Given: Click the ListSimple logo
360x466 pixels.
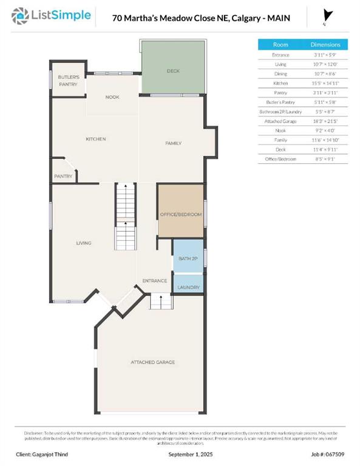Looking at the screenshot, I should click(x=53, y=15).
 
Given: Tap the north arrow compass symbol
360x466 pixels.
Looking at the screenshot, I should click(x=327, y=16).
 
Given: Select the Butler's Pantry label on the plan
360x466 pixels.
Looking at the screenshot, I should click(x=69, y=80).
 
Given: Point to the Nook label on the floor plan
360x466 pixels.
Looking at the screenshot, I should click(x=112, y=97).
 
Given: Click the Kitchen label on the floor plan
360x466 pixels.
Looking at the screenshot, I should click(x=96, y=139).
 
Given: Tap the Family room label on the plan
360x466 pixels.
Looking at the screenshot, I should click(x=174, y=143).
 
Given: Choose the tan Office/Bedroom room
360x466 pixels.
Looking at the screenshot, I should click(x=180, y=215).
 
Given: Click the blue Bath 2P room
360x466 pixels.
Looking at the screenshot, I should click(x=188, y=258).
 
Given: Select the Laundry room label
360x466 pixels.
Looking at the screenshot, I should click(x=188, y=287).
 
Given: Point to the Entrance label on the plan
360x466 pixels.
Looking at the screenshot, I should click(x=154, y=281).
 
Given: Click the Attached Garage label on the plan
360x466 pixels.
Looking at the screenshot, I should click(x=152, y=362).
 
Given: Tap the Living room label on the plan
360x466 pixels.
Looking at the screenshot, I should click(x=84, y=243).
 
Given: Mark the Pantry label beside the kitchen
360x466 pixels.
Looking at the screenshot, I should click(x=63, y=177).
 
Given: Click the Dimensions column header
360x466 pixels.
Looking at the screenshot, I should click(x=325, y=44).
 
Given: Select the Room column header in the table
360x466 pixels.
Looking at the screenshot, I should click(x=280, y=44).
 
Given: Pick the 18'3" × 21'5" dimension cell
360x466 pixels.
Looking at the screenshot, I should click(x=325, y=121).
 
